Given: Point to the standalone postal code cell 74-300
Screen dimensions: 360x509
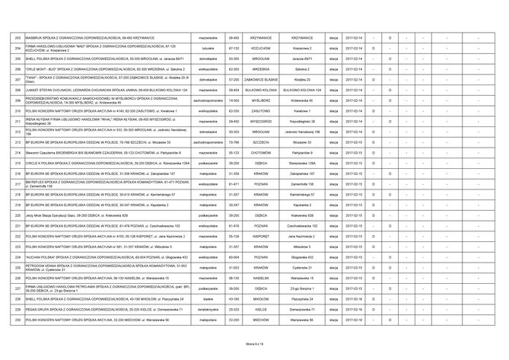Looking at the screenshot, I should [x=236, y=100].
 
